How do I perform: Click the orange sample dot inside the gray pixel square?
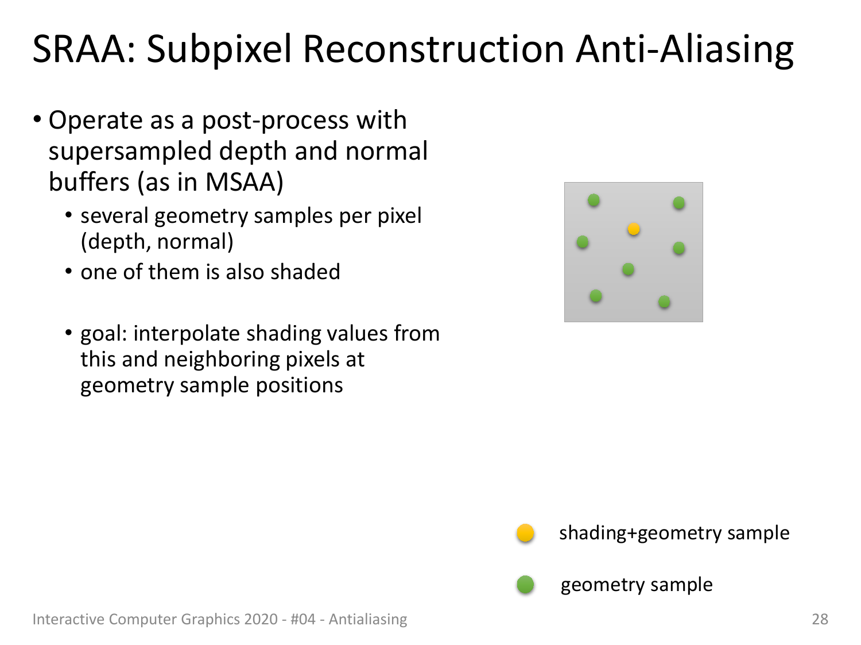point(634,229)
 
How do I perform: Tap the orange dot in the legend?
point(525,533)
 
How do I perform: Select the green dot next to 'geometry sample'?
point(525,585)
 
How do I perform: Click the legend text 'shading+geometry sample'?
point(674,534)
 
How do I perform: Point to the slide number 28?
point(820,619)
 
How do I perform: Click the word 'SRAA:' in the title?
point(84,49)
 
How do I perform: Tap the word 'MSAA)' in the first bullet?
point(244,183)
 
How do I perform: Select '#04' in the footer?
point(303,619)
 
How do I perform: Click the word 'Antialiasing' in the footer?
point(368,620)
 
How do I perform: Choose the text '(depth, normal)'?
point(157,242)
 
